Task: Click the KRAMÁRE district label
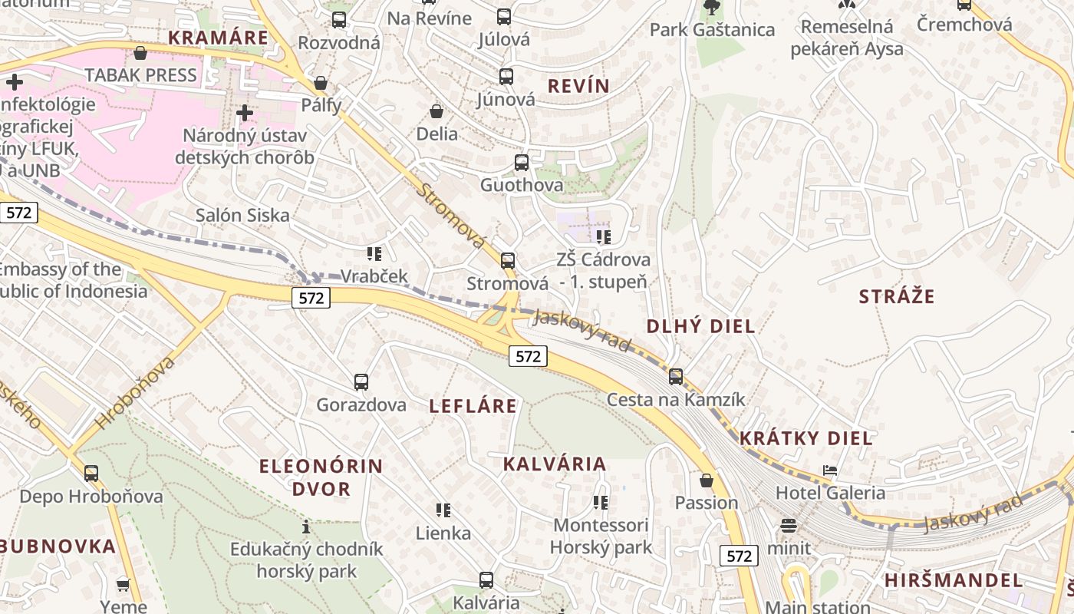pos(218,38)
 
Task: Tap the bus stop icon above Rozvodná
pos(339,20)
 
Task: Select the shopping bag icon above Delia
pos(437,112)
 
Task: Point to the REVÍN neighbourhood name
pos(578,86)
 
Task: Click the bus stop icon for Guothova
pos(522,163)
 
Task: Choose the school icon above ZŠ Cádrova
pos(604,237)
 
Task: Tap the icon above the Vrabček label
pos(374,254)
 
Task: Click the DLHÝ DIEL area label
pos(700,326)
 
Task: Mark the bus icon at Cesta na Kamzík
pos(676,377)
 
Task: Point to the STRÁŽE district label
pos(897,297)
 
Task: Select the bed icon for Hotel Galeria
pos(830,470)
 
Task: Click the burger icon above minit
pos(789,526)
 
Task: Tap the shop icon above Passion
pos(707,481)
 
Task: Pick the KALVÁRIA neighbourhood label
pos(555,464)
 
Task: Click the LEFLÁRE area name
pos(473,406)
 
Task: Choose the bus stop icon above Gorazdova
pos(361,381)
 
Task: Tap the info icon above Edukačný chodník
pos(306,527)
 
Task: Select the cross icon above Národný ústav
pos(245,114)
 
